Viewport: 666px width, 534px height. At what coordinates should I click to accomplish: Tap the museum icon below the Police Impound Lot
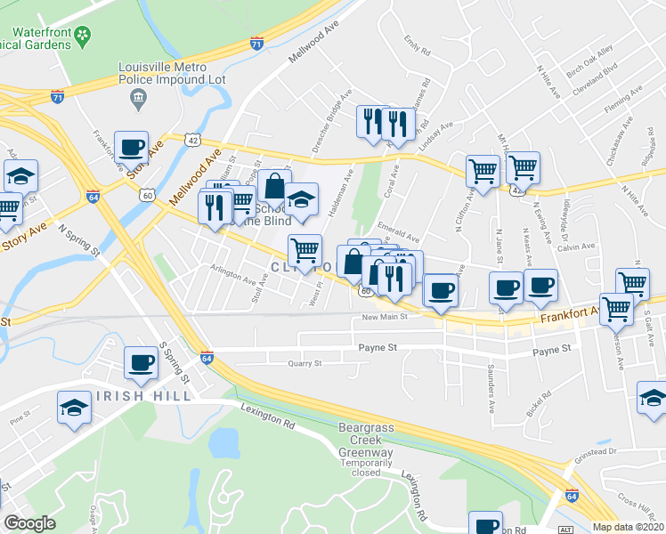tap(138, 101)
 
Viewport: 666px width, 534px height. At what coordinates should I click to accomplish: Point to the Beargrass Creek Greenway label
tap(365, 441)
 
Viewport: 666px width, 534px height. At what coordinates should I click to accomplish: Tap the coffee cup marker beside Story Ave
tap(131, 149)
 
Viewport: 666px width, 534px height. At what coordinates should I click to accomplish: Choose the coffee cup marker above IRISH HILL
tap(141, 361)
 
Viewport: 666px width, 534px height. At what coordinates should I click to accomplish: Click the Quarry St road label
tap(305, 363)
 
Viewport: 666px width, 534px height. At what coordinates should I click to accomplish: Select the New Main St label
tap(385, 316)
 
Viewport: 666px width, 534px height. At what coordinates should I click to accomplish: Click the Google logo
tap(30, 523)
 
